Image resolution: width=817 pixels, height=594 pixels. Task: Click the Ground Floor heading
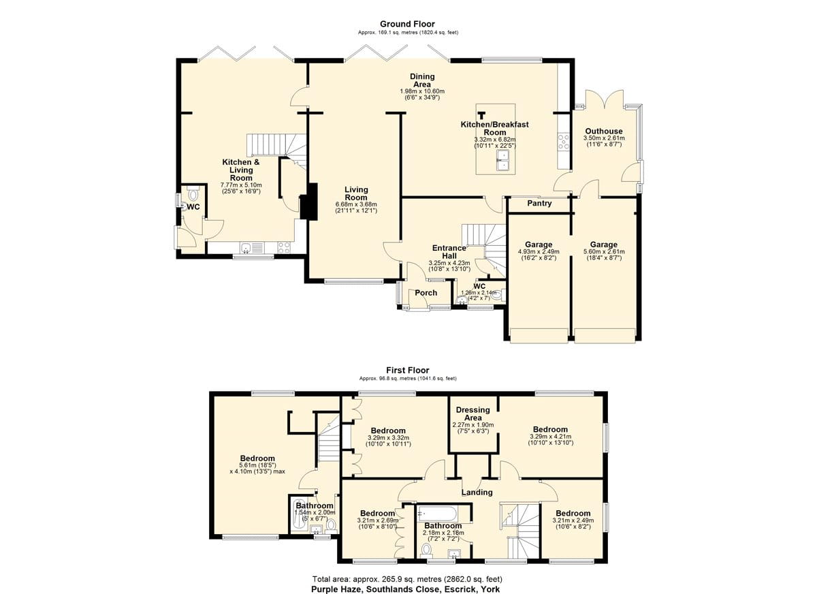click(407, 24)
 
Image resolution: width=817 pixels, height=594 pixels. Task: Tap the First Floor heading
click(407, 370)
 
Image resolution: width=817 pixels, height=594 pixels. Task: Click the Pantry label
click(539, 203)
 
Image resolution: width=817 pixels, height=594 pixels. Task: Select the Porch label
click(426, 293)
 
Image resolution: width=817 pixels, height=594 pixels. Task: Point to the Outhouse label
click(604, 131)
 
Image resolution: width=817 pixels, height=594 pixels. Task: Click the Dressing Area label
click(473, 413)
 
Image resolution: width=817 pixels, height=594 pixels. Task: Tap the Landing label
click(477, 493)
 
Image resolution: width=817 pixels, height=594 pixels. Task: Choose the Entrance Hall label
click(449, 252)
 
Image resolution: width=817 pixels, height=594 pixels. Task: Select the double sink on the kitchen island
click(504, 161)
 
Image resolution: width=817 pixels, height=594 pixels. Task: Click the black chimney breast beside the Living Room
click(309, 202)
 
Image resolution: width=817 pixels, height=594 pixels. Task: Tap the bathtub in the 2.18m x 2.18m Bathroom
click(437, 514)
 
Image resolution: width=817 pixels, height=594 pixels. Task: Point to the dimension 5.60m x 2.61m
click(604, 251)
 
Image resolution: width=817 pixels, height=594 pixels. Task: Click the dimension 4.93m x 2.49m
click(539, 251)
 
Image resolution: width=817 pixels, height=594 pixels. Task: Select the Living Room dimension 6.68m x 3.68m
click(356, 204)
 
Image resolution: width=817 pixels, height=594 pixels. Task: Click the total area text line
click(407, 579)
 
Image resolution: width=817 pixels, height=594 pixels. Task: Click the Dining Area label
click(422, 80)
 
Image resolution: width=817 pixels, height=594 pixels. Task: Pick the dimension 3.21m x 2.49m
click(573, 520)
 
